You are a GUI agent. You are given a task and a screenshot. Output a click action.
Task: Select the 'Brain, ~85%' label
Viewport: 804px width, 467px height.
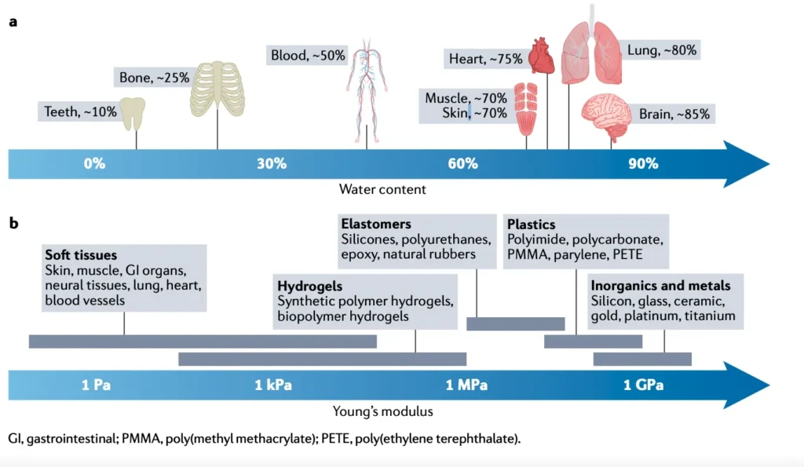point(674,114)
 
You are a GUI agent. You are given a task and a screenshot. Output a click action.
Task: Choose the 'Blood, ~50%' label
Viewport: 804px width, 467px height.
point(307,56)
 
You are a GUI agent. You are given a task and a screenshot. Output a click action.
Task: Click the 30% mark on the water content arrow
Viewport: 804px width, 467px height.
point(272,163)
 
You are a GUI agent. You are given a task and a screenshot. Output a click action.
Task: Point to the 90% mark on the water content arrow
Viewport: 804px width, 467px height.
point(642,163)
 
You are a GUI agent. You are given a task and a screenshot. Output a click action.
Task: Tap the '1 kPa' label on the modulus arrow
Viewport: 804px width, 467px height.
point(273,385)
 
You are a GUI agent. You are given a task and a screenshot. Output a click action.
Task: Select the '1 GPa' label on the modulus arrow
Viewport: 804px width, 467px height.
point(643,385)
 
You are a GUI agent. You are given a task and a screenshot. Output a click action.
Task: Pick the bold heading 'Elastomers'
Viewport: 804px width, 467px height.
point(376,224)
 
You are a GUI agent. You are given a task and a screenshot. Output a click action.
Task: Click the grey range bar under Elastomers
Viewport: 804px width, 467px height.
point(515,323)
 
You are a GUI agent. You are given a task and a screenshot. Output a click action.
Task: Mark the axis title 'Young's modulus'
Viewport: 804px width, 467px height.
point(382,410)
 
